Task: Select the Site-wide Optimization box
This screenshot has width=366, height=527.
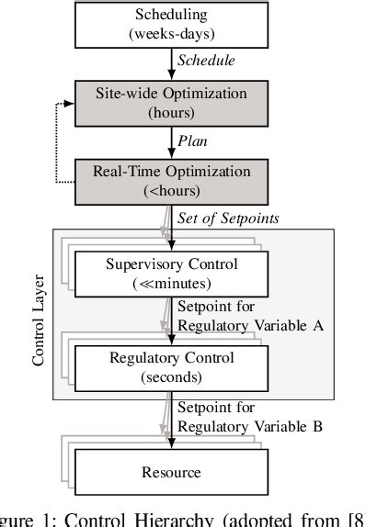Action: pyautogui.click(x=171, y=101)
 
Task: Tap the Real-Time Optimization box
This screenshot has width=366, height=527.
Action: pyautogui.click(x=171, y=178)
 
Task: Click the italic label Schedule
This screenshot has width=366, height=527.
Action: pyautogui.click(x=207, y=62)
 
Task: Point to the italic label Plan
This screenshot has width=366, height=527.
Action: pyautogui.click(x=194, y=140)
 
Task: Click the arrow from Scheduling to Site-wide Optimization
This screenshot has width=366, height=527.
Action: pyautogui.click(x=171, y=62)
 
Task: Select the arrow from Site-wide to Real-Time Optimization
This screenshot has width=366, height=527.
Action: pyautogui.click(x=171, y=140)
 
